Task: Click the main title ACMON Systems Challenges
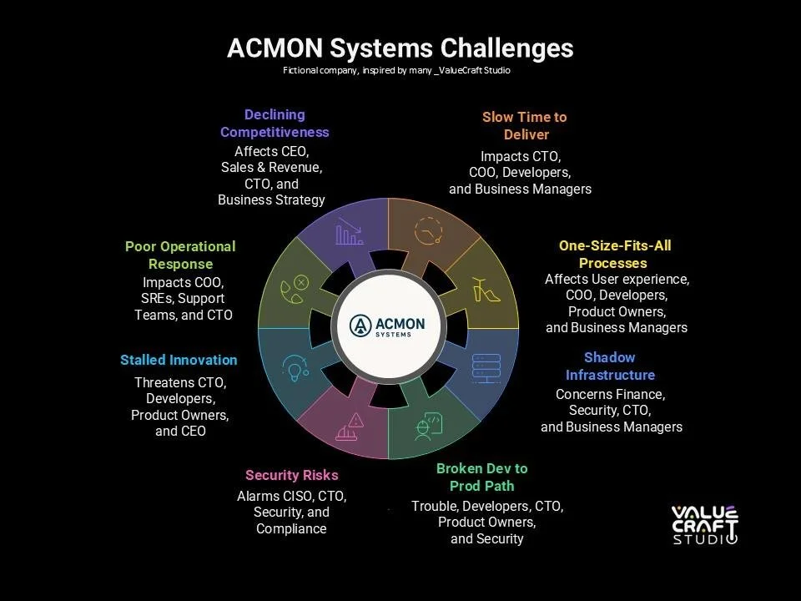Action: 400,48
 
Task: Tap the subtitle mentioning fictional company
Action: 396,71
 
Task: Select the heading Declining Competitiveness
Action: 275,124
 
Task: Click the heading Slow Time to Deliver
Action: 525,125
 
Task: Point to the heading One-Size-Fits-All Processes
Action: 614,255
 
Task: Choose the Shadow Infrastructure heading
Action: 610,366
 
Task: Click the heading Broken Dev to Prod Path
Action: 481,477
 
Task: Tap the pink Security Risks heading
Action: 292,475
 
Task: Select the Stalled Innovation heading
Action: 179,360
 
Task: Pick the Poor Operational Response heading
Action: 180,255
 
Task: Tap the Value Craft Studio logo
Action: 705,524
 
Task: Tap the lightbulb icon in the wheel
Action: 294,367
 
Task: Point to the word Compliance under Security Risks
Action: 291,528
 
